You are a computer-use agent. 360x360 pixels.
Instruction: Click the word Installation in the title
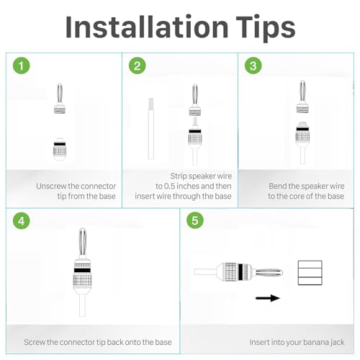point(147,27)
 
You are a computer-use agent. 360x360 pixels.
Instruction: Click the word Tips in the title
point(266,30)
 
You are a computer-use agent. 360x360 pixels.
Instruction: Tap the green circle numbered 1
point(22,66)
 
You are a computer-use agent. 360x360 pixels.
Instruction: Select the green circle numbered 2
point(138,66)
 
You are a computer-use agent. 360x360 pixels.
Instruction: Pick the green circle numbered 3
point(253,66)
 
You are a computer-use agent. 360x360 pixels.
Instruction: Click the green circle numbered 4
point(22,220)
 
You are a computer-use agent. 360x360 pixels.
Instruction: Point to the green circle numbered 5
point(195,220)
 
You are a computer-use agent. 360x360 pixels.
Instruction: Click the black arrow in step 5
point(268,298)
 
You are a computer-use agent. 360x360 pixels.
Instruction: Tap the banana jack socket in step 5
point(310,273)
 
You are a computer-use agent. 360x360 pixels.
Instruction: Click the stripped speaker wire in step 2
point(151,129)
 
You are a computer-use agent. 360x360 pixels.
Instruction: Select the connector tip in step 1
point(60,99)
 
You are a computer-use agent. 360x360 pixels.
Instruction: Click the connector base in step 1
point(60,149)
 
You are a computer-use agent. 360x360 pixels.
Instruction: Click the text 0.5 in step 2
point(169,186)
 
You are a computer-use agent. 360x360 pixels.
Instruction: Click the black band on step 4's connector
point(82,270)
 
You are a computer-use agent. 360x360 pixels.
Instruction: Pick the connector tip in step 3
point(302,96)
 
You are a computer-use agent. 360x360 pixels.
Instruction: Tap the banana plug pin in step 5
point(269,273)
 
